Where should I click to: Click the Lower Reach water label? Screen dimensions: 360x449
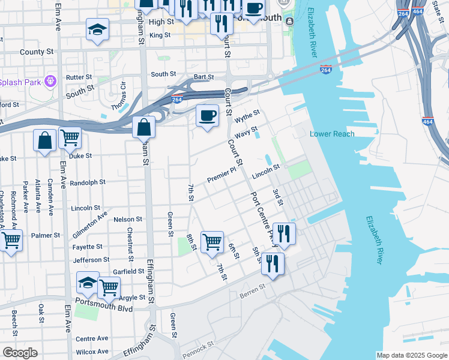point(331,134)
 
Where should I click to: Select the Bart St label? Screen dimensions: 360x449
point(204,77)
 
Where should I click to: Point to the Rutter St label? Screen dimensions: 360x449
point(79,77)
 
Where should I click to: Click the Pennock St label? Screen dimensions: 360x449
point(197,347)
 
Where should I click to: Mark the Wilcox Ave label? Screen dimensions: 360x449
point(92,352)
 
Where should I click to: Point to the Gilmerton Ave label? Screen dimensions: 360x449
point(89,222)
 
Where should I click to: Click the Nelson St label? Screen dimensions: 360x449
point(127,220)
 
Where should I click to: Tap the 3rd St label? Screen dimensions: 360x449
point(277,196)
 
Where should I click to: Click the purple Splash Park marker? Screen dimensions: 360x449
point(51,80)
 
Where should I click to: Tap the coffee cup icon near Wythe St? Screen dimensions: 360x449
point(208,115)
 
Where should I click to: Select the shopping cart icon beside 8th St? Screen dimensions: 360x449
point(212,242)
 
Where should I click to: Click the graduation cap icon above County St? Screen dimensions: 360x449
point(97,29)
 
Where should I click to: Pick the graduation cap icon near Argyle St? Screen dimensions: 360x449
point(88,283)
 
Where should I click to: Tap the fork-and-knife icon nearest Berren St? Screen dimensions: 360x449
point(273,263)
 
